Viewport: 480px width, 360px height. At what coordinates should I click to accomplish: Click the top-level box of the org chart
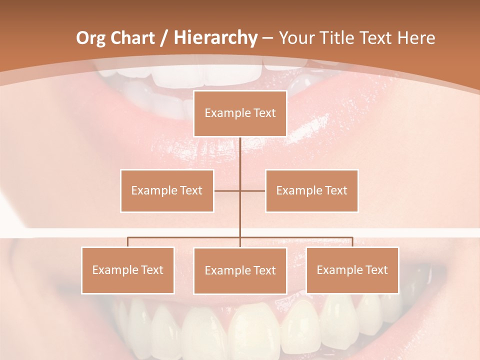coord(240,113)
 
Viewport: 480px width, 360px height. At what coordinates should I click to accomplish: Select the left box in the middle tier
coord(167,190)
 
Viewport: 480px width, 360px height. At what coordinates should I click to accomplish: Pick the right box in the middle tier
coord(311,190)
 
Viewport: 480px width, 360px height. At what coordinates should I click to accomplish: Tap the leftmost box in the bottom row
coord(128,270)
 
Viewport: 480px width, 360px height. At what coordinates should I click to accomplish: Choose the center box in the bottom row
coord(240,270)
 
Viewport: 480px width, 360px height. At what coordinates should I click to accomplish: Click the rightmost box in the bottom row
coord(352,270)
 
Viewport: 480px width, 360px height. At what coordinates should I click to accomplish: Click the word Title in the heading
coord(338,38)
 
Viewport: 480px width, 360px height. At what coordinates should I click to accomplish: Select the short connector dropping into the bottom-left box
coord(127,242)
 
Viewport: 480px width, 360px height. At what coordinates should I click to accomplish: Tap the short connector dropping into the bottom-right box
coord(352,242)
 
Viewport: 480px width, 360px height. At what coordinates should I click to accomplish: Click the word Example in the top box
coord(227,113)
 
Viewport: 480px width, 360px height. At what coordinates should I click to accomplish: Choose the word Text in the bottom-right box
coord(376,270)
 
